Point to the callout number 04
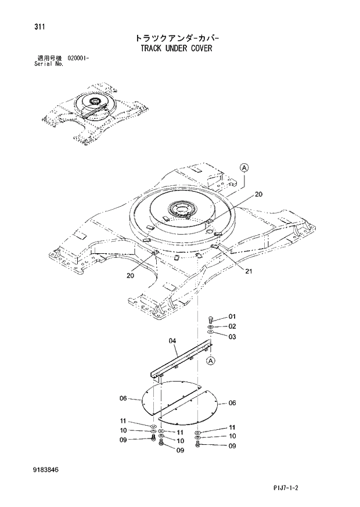click(x=172, y=341)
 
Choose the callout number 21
click(x=249, y=271)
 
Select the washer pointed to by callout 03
click(x=210, y=333)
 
